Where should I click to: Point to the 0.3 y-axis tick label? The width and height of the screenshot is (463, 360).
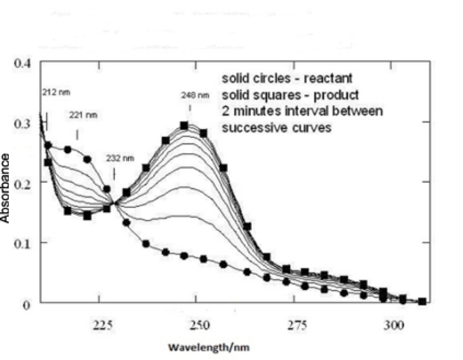(23, 123)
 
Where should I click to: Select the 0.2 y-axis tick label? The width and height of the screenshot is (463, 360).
(23, 183)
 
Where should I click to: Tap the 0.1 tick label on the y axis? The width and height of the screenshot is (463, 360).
(23, 243)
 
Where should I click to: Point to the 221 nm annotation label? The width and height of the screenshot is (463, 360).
(84, 115)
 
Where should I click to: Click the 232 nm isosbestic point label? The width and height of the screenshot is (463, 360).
(120, 158)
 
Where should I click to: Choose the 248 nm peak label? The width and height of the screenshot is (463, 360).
(195, 95)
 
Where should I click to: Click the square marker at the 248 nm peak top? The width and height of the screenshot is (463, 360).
(184, 126)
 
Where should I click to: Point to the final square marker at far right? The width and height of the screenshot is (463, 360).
(422, 301)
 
